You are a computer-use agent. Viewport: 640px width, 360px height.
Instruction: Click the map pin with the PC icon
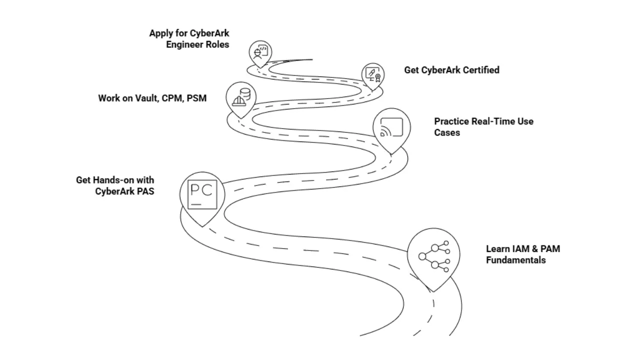tap(202, 195)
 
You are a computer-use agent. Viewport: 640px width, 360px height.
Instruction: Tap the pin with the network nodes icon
tap(433, 255)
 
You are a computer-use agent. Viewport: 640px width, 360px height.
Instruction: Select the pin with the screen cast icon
tap(391, 127)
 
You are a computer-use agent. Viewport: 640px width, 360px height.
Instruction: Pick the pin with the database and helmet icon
tap(241, 97)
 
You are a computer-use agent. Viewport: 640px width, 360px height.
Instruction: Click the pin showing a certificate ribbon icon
tap(372, 75)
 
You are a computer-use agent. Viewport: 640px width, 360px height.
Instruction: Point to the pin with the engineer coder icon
tap(259, 52)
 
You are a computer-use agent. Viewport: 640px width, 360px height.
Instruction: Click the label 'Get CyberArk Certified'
tap(451, 70)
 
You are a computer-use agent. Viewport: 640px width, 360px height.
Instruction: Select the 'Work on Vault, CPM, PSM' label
tap(152, 98)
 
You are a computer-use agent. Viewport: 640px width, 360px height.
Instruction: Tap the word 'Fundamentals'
tap(515, 260)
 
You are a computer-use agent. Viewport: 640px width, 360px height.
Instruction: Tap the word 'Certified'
tap(481, 70)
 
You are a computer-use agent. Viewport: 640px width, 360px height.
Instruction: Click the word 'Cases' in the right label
tap(446, 132)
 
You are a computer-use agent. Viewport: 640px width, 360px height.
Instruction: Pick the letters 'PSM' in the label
tap(196, 98)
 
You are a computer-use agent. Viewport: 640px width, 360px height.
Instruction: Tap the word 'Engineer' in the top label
tap(184, 44)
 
